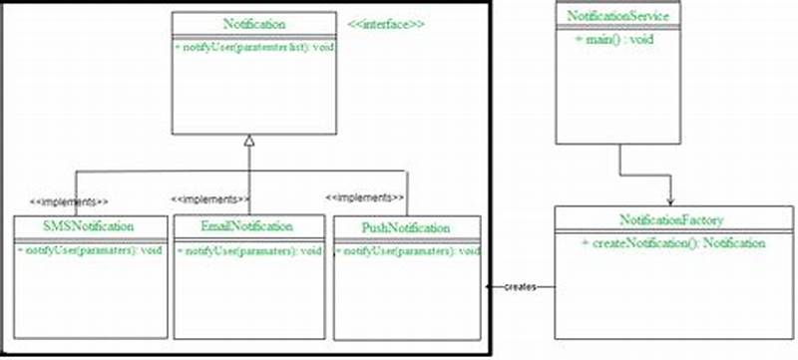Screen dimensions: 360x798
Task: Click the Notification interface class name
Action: pos(249,23)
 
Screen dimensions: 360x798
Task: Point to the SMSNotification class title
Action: pos(91,226)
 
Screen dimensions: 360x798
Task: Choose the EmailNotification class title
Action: pos(247,226)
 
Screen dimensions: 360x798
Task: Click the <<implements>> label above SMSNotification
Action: pos(70,198)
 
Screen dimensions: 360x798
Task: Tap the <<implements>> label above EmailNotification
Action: pos(209,198)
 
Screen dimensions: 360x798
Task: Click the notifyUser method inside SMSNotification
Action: pos(91,249)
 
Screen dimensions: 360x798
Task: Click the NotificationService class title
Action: pos(623,16)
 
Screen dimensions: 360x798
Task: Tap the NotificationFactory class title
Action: pos(671,218)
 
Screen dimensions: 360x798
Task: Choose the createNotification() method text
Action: pos(672,242)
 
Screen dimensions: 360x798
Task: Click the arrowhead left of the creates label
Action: pos(490,287)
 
